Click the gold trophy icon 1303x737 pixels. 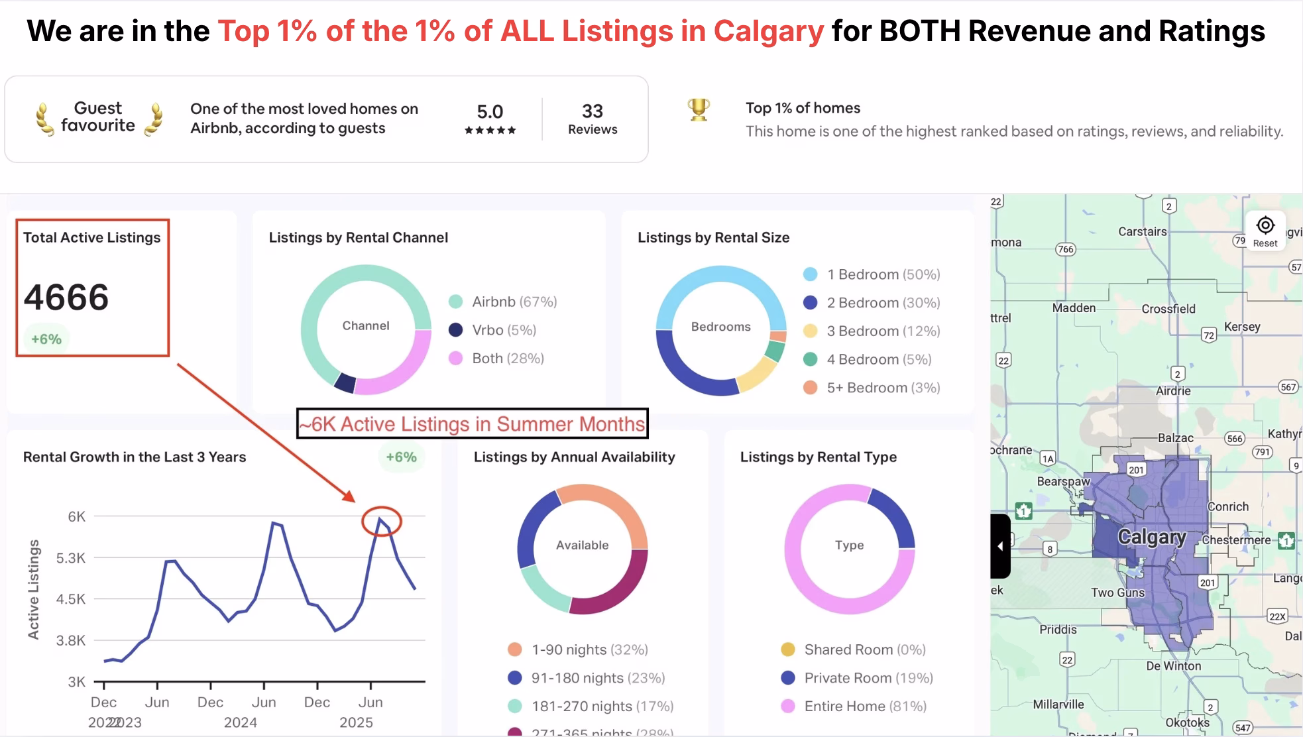[699, 109]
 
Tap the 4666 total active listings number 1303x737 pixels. [66, 297]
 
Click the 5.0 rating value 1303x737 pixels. [490, 112]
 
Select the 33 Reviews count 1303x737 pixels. [592, 119]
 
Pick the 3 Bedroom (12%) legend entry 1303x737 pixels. [872, 331]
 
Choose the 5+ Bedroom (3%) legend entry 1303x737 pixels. [872, 388]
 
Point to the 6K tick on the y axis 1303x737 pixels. [77, 516]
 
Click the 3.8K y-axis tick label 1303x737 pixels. [71, 640]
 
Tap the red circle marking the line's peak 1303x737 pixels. [382, 521]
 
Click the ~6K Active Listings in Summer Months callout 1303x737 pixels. [472, 424]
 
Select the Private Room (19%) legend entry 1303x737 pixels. [857, 678]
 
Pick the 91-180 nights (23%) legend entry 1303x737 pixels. [586, 678]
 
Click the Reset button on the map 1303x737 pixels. [1265, 231]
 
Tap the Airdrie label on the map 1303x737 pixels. [1173, 391]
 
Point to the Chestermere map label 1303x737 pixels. [1236, 540]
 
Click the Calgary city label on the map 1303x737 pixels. [1152, 537]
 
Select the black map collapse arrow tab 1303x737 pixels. [1000, 546]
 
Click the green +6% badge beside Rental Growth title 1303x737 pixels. [401, 457]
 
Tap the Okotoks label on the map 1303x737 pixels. [1188, 722]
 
